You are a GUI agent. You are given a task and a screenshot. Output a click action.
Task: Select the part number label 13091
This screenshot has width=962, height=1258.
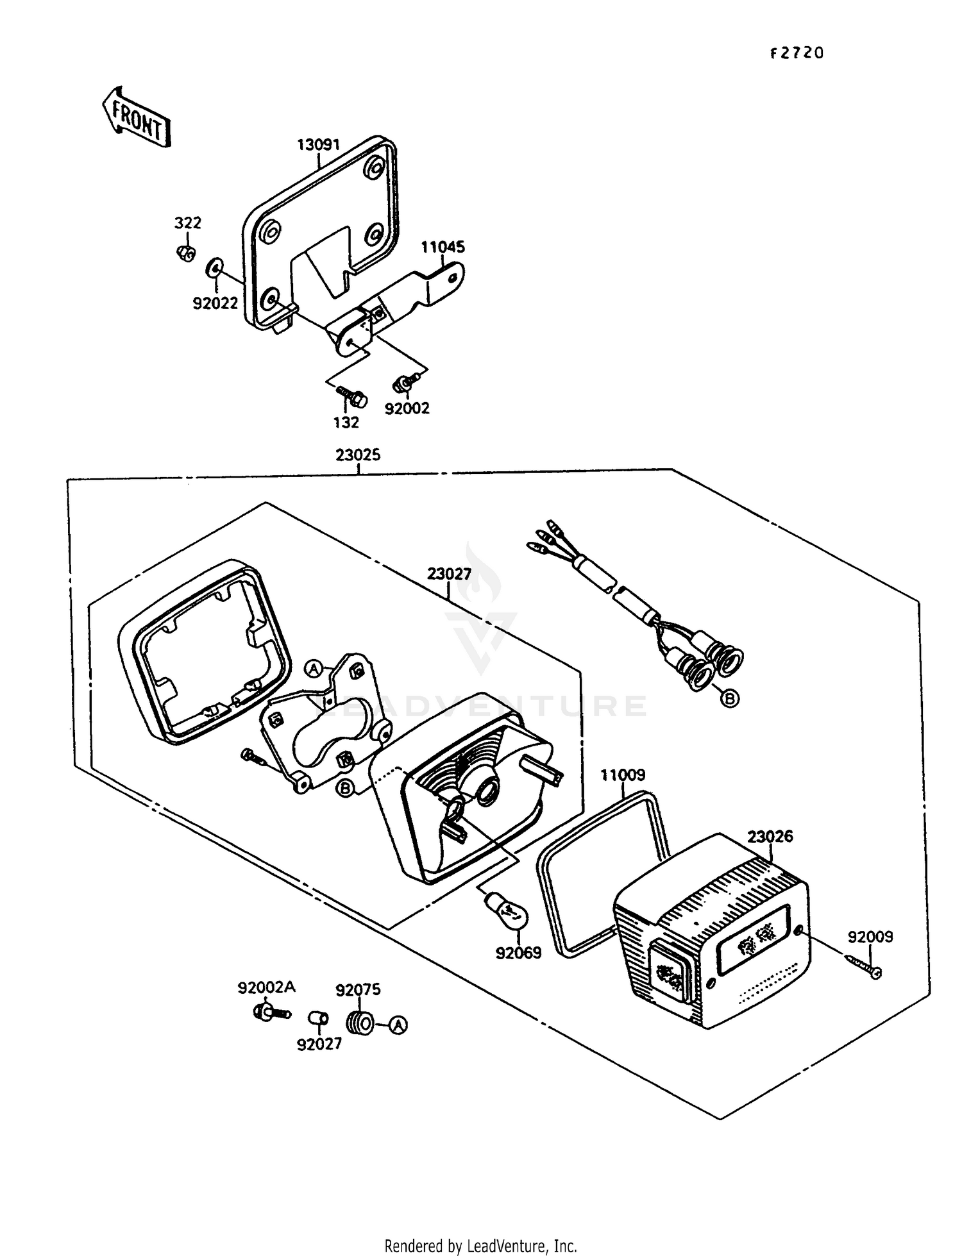click(x=318, y=145)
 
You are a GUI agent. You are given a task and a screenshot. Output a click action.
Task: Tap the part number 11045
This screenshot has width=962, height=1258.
click(x=443, y=247)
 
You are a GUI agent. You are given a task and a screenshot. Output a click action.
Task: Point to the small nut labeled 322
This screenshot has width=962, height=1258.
click(x=185, y=253)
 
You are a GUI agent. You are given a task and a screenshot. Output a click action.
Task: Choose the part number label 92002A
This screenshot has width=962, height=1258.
click(x=266, y=987)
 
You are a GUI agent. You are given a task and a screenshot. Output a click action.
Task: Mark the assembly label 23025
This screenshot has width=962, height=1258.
click(x=358, y=455)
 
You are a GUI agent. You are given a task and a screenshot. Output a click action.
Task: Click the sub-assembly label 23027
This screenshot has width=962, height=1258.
click(x=449, y=574)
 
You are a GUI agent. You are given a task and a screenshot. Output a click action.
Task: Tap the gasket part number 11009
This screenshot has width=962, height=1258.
click(x=622, y=775)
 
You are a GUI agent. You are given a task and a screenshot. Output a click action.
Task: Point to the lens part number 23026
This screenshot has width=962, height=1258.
click(x=770, y=836)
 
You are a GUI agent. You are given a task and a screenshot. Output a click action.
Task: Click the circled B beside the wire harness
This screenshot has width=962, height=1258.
click(x=730, y=698)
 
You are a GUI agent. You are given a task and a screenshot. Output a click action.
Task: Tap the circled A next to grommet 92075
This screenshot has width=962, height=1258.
click(x=398, y=1025)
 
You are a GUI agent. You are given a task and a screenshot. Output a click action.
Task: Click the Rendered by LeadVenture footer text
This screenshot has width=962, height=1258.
click(x=480, y=1246)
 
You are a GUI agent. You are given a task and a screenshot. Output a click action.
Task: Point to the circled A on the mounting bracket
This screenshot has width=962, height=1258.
click(x=313, y=669)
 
